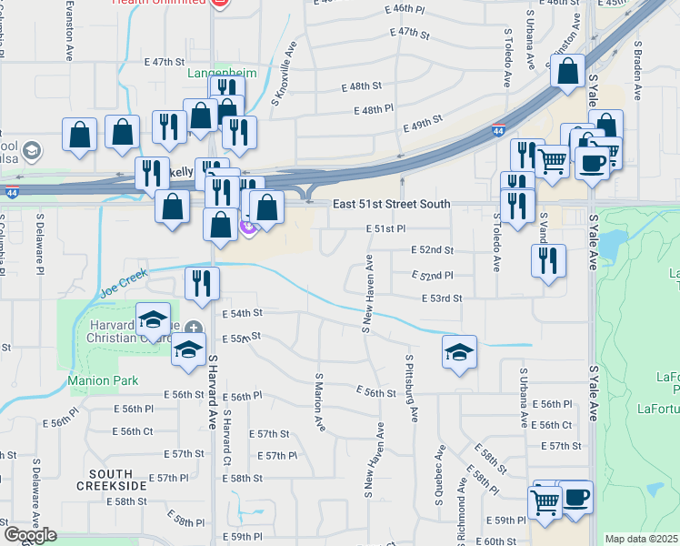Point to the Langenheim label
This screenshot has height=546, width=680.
224,73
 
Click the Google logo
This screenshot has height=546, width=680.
29,535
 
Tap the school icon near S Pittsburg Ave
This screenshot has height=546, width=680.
460,352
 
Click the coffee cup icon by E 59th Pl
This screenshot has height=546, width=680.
575,498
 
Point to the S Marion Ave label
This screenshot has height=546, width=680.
319,400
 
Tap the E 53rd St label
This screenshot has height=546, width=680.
442,298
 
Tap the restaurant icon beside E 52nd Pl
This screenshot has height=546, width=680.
548,262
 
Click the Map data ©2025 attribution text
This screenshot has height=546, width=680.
642,539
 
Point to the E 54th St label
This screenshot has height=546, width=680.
242,312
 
